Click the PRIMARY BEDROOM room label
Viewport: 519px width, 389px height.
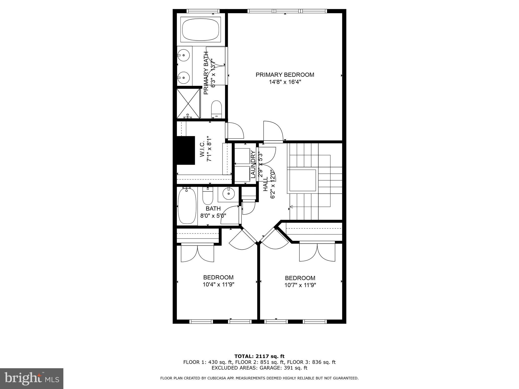(285, 75)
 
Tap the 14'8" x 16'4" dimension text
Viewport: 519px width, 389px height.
(285, 82)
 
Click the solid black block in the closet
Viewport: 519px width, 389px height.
(186, 150)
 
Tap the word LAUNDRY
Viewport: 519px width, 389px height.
(253, 164)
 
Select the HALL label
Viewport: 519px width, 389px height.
(265, 184)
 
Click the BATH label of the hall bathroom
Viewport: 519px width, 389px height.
(213, 209)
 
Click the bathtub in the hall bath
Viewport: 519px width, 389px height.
(187, 206)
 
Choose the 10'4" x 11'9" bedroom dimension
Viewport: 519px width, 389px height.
(218, 284)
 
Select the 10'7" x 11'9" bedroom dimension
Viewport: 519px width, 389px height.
(300, 285)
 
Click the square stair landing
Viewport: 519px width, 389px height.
(302, 180)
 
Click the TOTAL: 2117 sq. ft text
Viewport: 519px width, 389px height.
(259, 357)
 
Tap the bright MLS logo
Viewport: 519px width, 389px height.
(32, 378)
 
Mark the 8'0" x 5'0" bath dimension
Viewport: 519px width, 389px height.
(213, 216)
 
